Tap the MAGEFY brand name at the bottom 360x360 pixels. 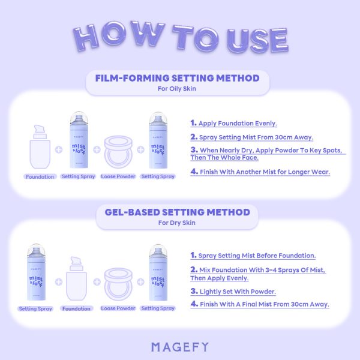coord(180,347)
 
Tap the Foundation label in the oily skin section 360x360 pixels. coord(40,177)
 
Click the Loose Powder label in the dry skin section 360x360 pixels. coord(118,308)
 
